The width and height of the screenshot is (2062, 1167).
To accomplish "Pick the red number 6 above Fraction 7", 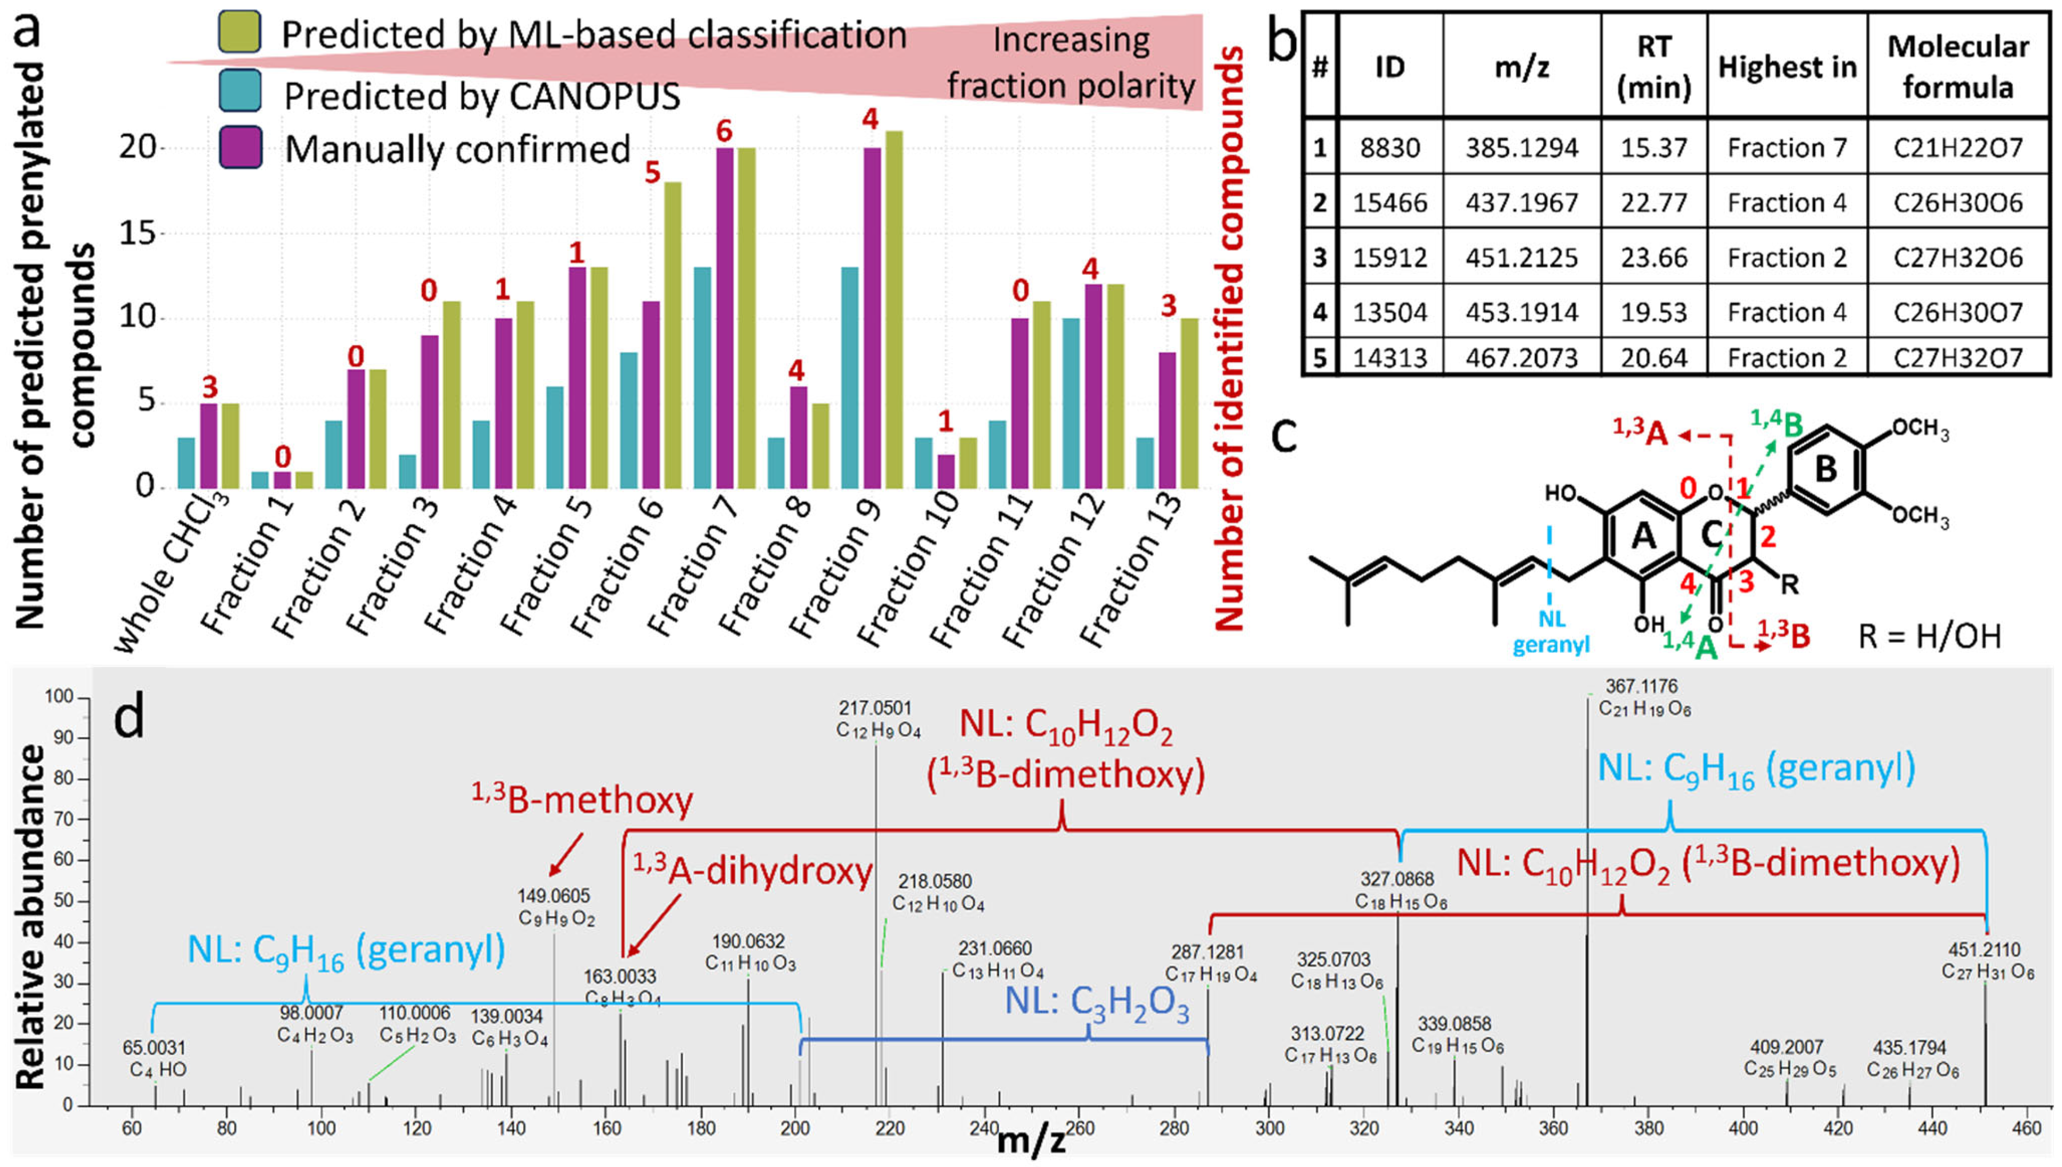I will click(724, 131).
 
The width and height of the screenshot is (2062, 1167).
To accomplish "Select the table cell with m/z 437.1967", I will click(1521, 202).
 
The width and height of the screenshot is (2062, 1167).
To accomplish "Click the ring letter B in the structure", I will click(1825, 469).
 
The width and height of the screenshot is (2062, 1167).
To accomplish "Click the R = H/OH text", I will click(1929, 636).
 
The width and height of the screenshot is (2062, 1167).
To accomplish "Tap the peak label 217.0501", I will click(875, 708).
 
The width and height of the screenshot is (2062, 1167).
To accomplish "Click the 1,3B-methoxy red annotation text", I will click(582, 800).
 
